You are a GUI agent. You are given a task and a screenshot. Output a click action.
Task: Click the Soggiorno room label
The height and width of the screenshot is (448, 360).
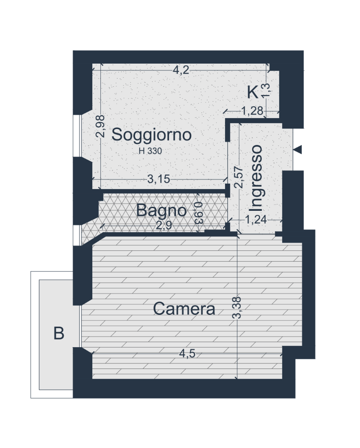(x=151, y=135)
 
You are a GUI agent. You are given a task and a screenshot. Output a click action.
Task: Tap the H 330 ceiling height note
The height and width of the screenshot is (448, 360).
(x=150, y=151)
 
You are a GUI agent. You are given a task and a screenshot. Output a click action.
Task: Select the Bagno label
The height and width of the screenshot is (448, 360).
(x=161, y=211)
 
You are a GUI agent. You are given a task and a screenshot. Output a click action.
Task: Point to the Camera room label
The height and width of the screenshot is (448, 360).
(x=184, y=309)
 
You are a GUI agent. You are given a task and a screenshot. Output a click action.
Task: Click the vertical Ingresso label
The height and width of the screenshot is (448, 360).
(x=255, y=178)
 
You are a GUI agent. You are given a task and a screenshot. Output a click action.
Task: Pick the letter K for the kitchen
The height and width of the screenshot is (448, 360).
(x=253, y=92)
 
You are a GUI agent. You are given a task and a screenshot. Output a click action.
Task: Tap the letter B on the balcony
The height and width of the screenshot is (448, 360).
(x=59, y=333)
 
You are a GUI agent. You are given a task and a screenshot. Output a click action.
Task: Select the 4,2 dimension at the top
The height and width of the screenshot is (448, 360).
(x=181, y=70)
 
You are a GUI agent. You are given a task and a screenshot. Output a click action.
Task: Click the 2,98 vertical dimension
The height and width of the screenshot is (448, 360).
(x=100, y=126)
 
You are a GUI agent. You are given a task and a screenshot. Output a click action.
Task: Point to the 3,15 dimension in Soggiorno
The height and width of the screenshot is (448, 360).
(x=159, y=179)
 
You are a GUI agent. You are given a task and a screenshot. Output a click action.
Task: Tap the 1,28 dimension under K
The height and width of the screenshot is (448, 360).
(x=252, y=111)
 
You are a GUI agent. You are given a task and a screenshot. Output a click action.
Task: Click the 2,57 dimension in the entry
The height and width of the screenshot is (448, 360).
(x=238, y=177)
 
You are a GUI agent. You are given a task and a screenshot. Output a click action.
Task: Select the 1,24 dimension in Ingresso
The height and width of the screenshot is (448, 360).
(x=256, y=219)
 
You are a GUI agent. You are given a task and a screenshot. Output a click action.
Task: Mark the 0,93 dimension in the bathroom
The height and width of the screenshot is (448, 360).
(x=198, y=213)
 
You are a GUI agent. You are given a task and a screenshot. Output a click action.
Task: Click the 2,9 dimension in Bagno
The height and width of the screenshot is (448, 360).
(x=164, y=225)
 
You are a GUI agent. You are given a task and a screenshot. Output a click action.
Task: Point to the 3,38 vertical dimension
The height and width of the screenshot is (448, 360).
(x=237, y=308)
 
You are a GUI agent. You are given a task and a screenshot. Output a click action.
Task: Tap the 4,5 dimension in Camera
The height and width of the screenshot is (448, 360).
(x=187, y=353)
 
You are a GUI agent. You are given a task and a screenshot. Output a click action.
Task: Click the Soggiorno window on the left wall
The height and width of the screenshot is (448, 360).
(x=77, y=136)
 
